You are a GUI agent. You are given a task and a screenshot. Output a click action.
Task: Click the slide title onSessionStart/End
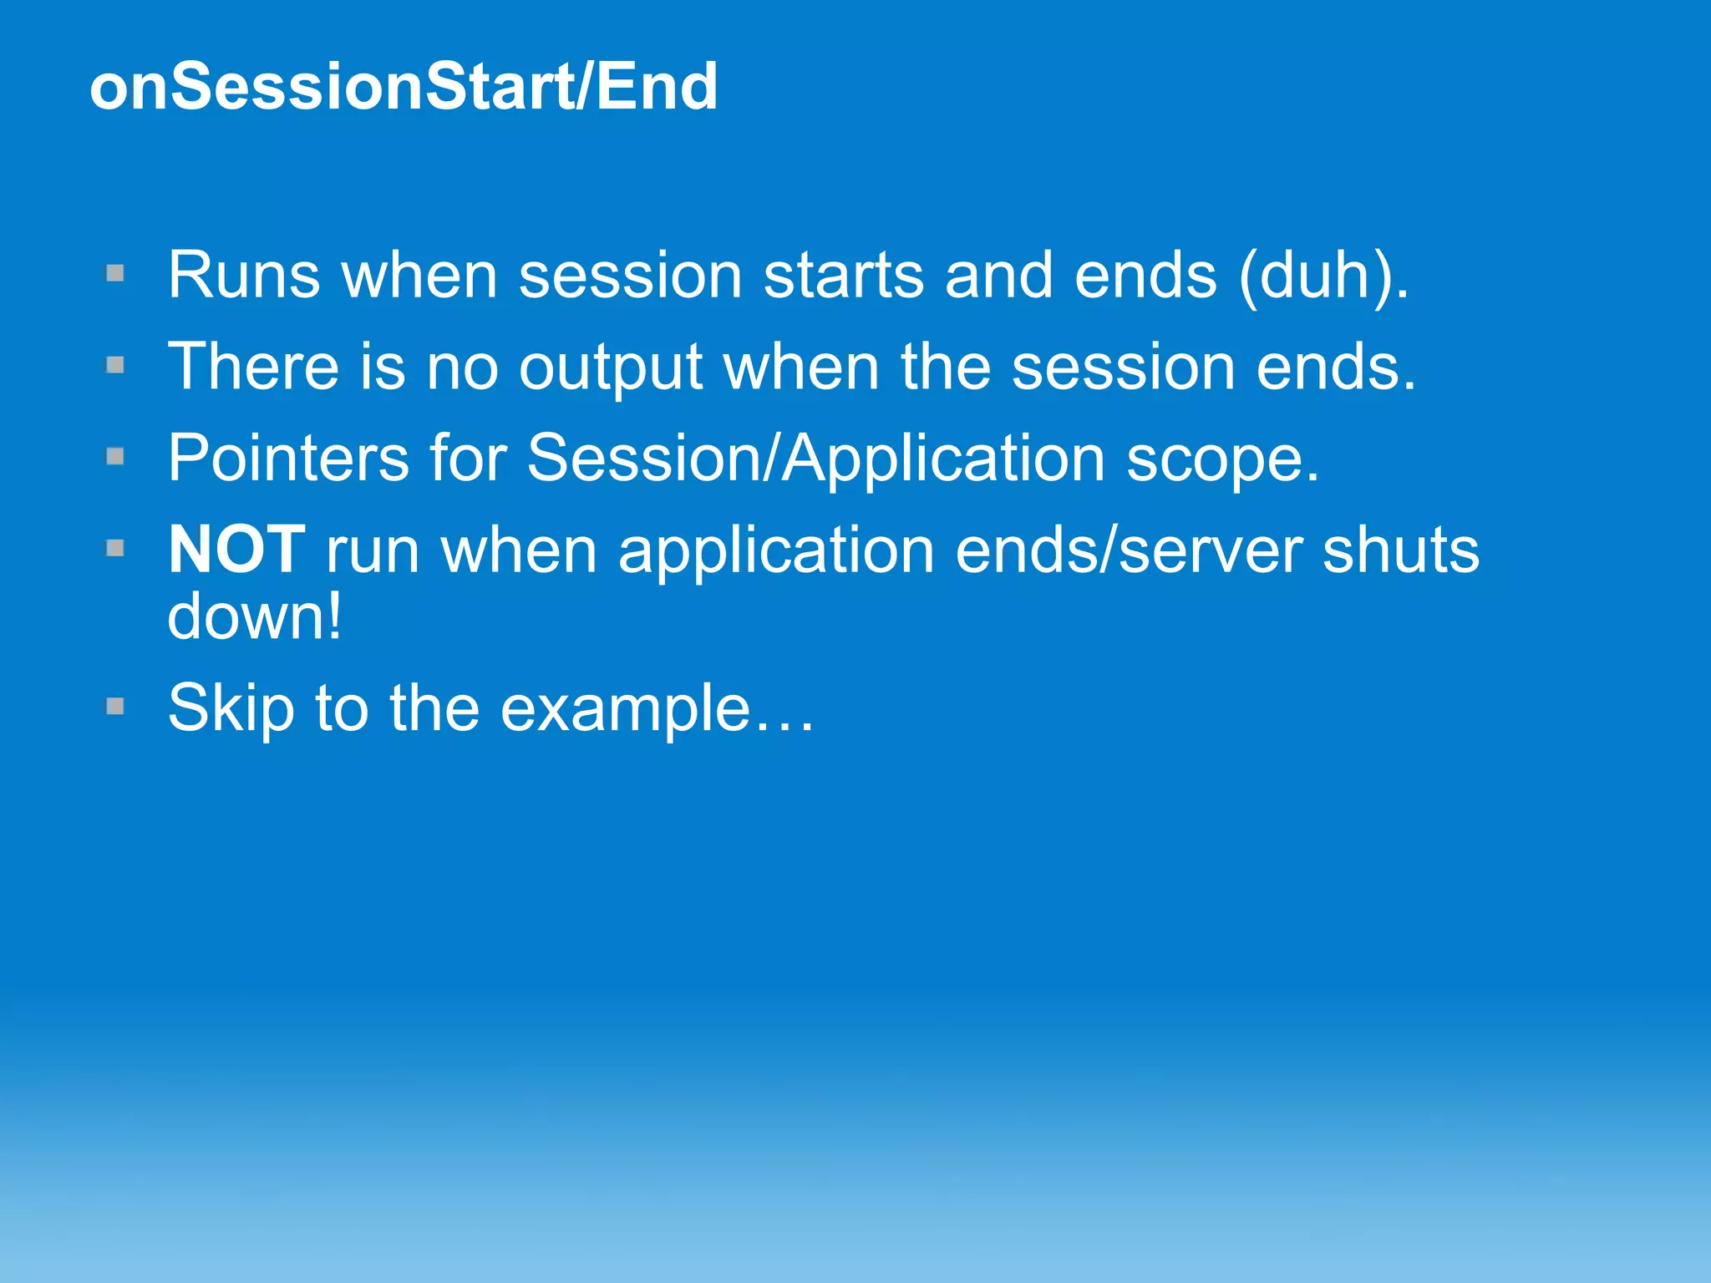[x=404, y=87]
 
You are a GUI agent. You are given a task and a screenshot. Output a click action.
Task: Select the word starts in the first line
[x=843, y=276]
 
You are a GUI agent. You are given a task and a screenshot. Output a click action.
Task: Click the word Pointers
[x=288, y=459]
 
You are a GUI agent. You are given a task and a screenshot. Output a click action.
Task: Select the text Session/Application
[x=816, y=459]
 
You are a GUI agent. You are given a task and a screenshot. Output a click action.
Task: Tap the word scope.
[x=1222, y=460]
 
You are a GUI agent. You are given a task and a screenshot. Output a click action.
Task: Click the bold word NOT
[x=236, y=550]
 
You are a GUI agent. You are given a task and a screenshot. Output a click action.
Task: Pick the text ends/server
[x=1129, y=550]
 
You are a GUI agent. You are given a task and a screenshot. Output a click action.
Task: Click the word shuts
[x=1401, y=550]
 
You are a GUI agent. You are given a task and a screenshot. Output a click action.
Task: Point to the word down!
[x=255, y=616]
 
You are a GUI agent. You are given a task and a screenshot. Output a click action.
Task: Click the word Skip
[x=231, y=709]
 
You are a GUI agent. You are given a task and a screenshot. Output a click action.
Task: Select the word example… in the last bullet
[x=656, y=709]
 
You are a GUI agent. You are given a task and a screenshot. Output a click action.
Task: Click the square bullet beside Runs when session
[x=115, y=273]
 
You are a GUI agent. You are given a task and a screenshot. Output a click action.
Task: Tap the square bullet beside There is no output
[x=115, y=365]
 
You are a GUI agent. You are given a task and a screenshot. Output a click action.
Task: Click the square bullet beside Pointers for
[x=115, y=456]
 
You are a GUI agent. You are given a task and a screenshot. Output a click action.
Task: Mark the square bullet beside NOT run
[x=115, y=548]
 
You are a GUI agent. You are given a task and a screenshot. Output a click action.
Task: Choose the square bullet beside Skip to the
[x=115, y=707]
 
